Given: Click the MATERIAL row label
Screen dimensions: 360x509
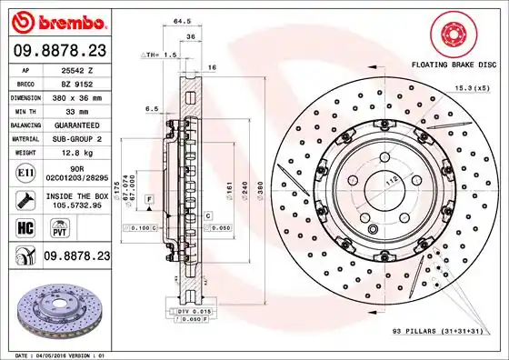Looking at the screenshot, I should pos(24,138).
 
